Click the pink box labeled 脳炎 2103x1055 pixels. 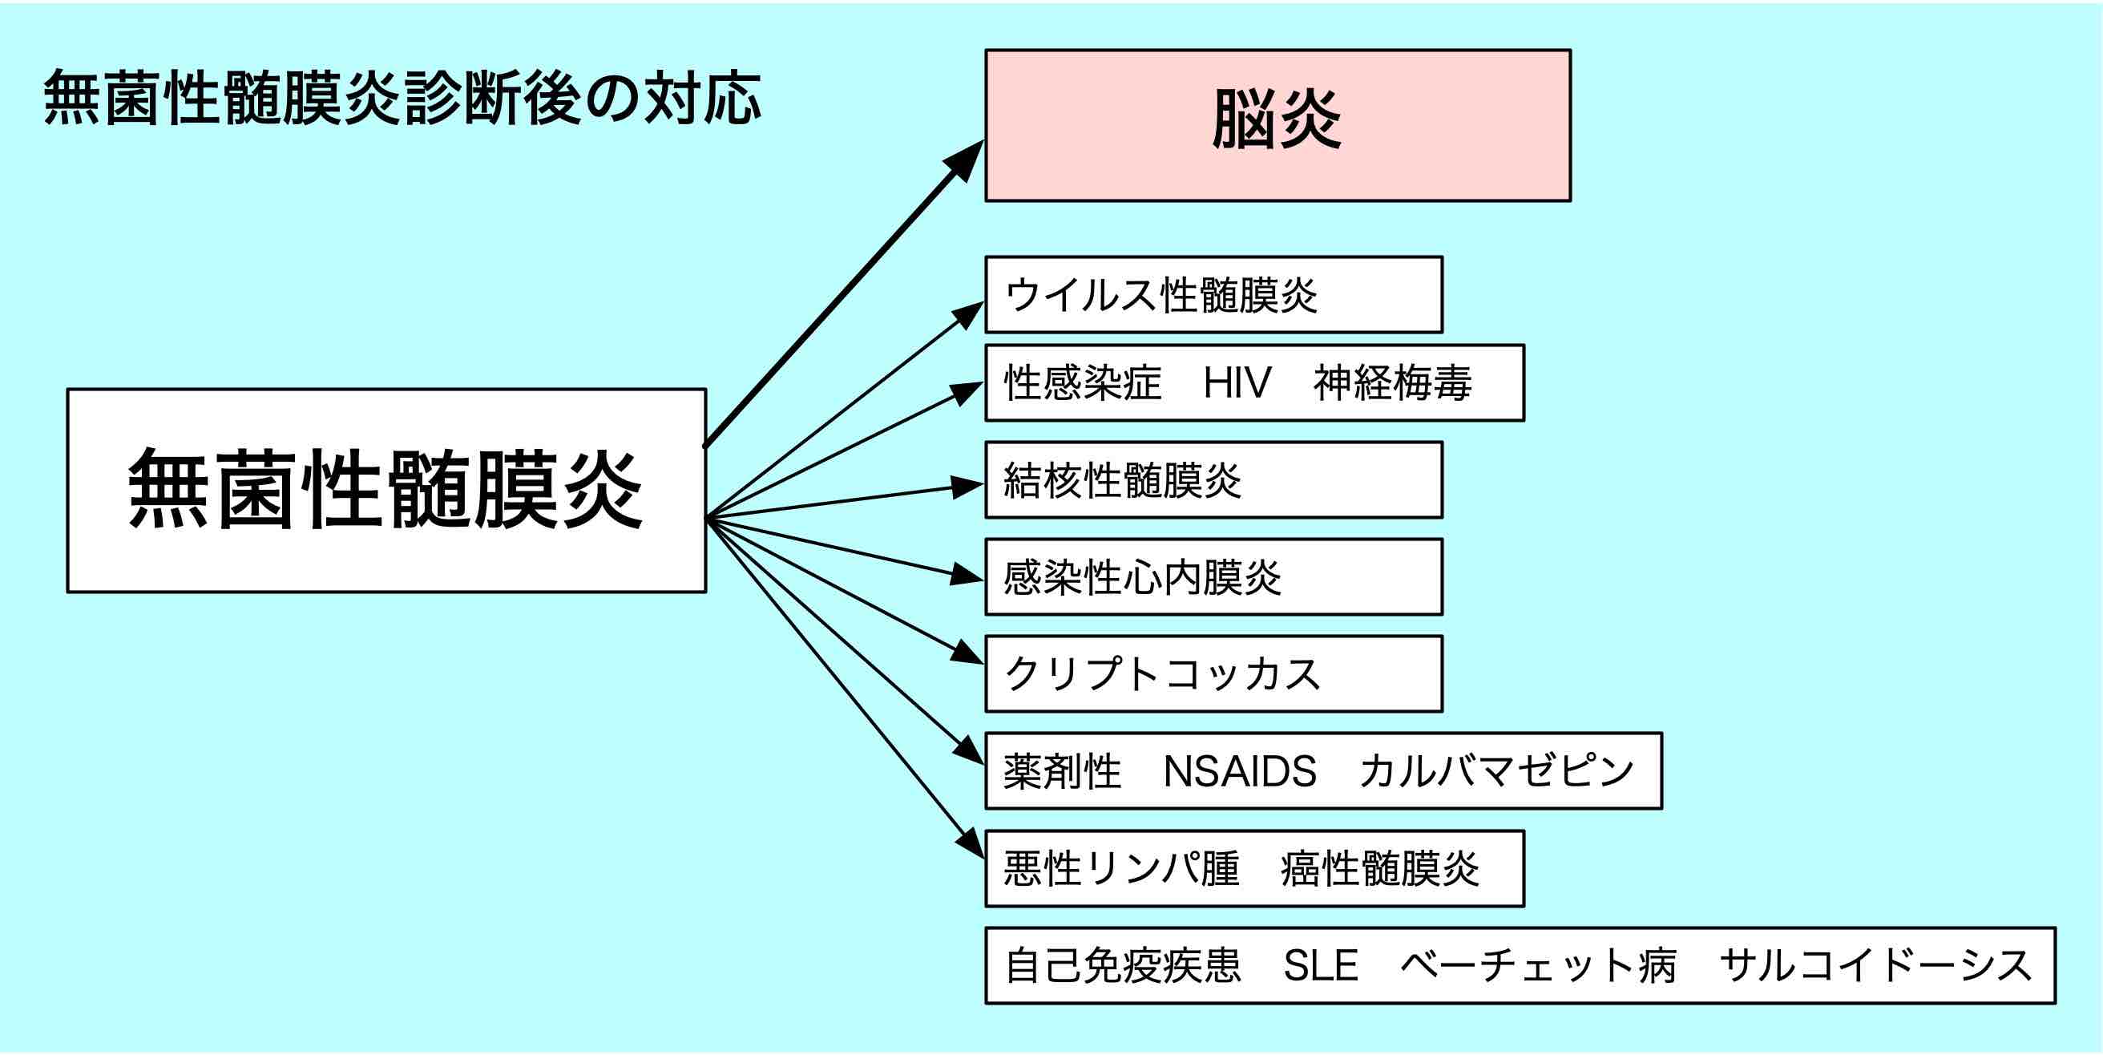[x=1277, y=125]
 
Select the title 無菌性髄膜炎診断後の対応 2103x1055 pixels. [x=402, y=98]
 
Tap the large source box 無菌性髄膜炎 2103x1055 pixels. [x=386, y=490]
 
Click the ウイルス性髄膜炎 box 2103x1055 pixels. [x=1213, y=295]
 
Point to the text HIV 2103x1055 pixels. [x=1237, y=383]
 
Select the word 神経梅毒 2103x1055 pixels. [x=1392, y=383]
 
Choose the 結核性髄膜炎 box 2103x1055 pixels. [x=1213, y=480]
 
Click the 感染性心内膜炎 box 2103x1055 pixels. [x=1213, y=577]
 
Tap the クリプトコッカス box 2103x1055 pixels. [x=1213, y=674]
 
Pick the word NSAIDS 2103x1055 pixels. [x=1239, y=772]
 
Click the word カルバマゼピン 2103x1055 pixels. [x=1496, y=772]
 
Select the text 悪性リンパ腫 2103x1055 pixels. [x=1121, y=869]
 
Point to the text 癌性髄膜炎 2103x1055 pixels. [x=1379, y=869]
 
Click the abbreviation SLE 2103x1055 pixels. [x=1320, y=966]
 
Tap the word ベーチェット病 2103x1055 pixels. [x=1538, y=966]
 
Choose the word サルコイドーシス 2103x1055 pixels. [x=1875, y=966]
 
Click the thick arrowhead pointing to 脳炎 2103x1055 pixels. [x=966, y=160]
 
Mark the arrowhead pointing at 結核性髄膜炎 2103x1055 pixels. [x=967, y=487]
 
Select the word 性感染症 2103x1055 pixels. [x=1083, y=383]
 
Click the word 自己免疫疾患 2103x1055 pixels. [x=1123, y=966]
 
